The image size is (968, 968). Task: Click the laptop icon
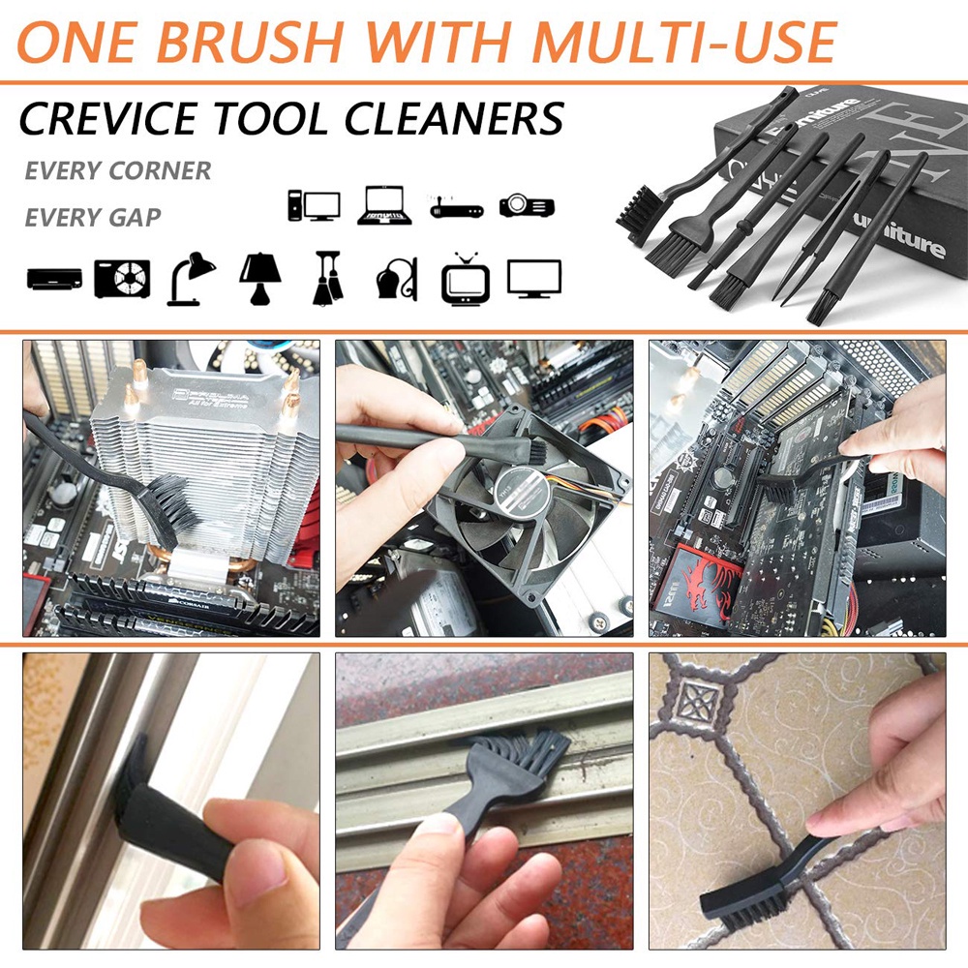pyautogui.click(x=384, y=205)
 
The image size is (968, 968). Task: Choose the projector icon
pyautogui.click(x=527, y=205)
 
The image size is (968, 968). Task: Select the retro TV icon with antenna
pyautogui.click(x=466, y=278)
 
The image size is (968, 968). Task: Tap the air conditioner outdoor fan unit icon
pyautogui.click(x=122, y=279)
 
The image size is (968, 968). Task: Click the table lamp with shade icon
pyautogui.click(x=259, y=279)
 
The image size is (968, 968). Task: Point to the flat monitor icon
pyautogui.click(x=534, y=278)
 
